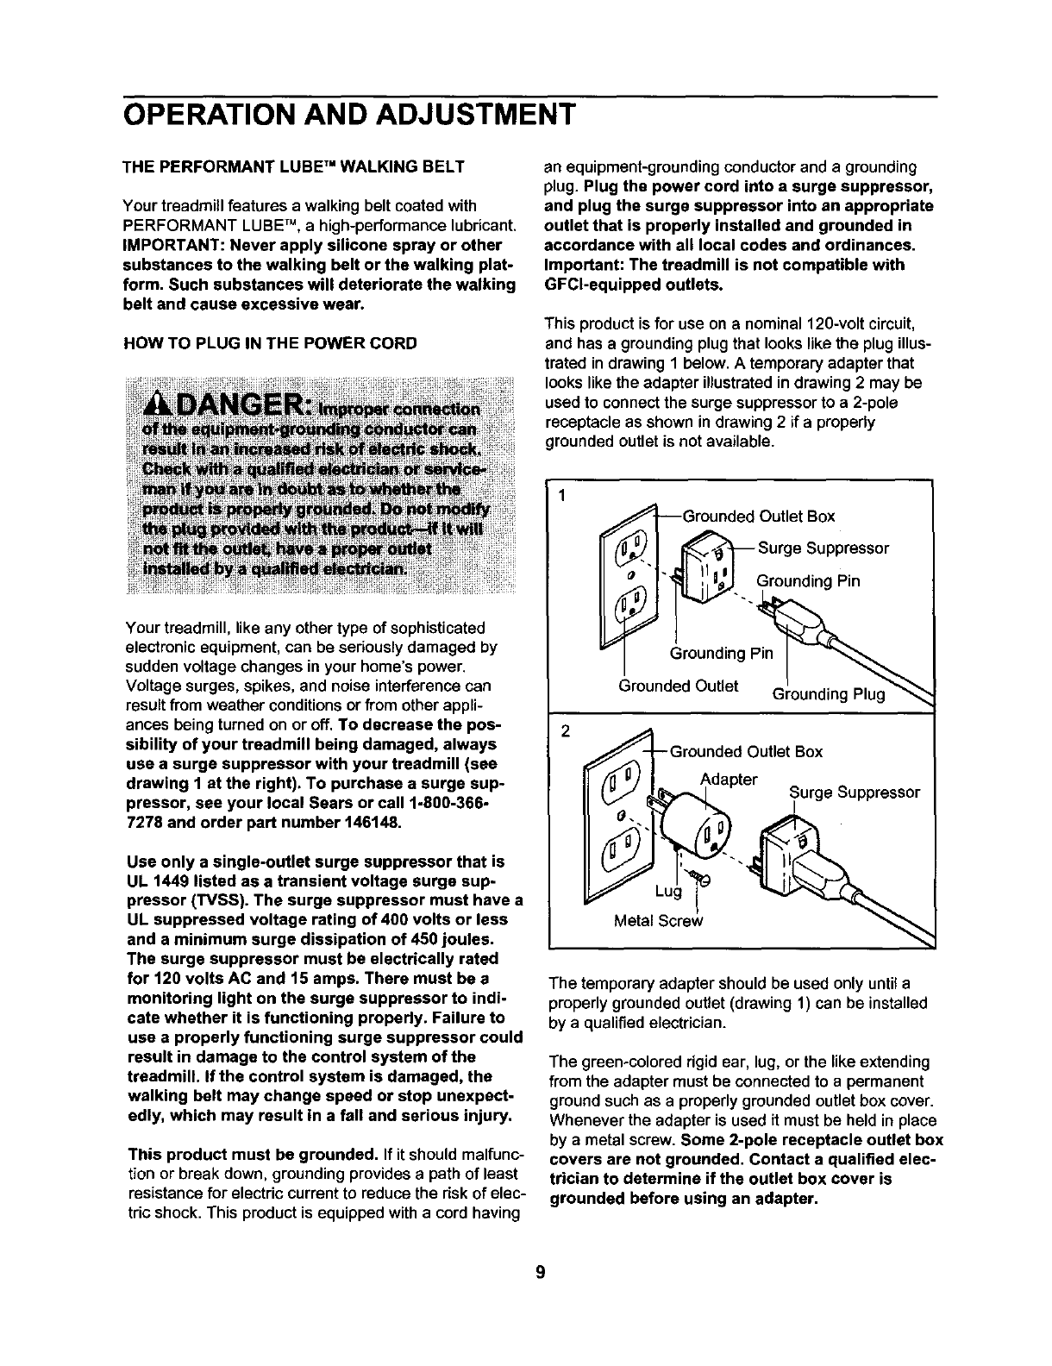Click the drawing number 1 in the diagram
(561, 496)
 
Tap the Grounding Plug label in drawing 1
(829, 694)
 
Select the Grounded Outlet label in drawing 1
(679, 686)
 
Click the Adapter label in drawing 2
(729, 780)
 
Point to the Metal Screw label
(658, 920)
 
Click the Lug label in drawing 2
(668, 891)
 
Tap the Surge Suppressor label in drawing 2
(855, 792)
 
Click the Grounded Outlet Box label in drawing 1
(759, 517)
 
